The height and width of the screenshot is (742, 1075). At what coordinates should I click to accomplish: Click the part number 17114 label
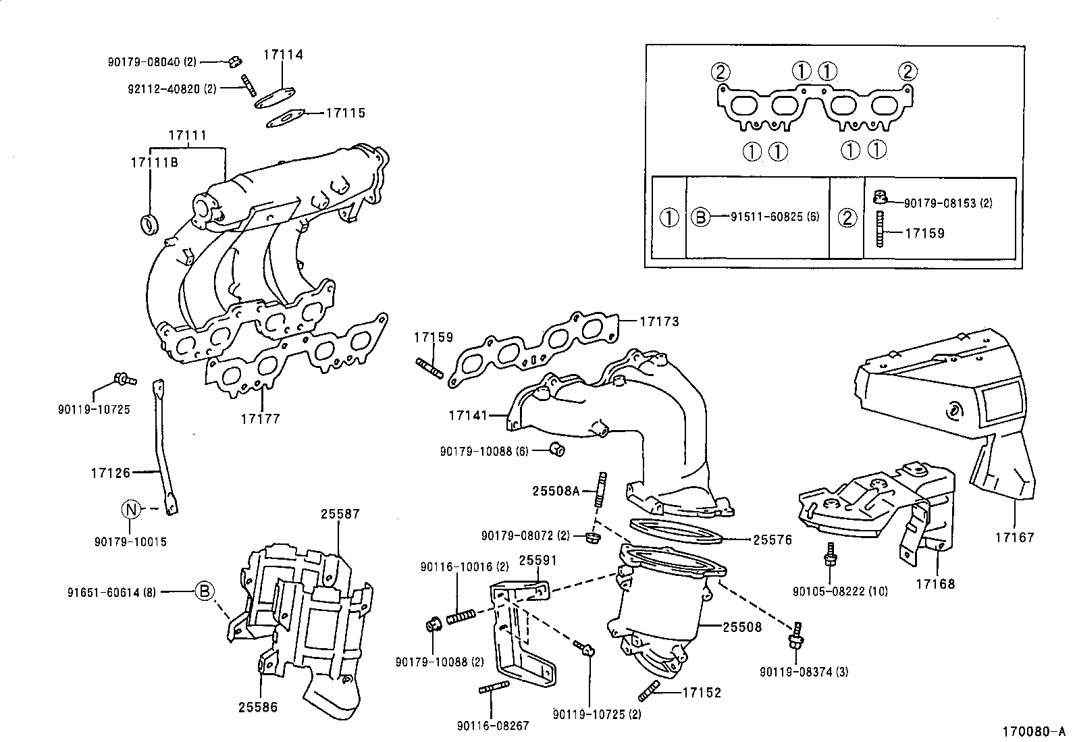pyautogui.click(x=283, y=55)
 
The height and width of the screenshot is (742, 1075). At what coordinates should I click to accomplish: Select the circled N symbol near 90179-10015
pyautogui.click(x=131, y=510)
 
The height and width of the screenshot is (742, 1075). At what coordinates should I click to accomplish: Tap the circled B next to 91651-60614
pyautogui.click(x=205, y=591)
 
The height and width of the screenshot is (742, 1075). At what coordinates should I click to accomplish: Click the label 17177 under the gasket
pyautogui.click(x=260, y=419)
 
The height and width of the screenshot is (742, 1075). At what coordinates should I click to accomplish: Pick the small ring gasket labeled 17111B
pyautogui.click(x=149, y=223)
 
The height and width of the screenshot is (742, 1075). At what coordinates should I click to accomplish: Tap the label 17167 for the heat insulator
pyautogui.click(x=1014, y=538)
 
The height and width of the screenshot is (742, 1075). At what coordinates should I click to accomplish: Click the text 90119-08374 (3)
pyautogui.click(x=804, y=672)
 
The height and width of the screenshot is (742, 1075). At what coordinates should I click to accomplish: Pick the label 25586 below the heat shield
pyautogui.click(x=257, y=707)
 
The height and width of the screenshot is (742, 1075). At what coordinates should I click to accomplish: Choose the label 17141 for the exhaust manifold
pyautogui.click(x=467, y=415)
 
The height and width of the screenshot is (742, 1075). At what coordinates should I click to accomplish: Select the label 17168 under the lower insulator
pyautogui.click(x=935, y=583)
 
